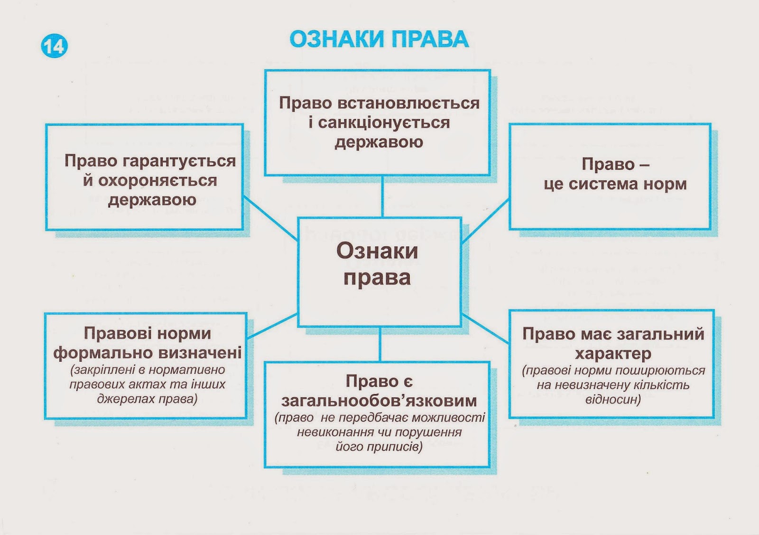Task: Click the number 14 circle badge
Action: coord(55,46)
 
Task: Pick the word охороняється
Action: coord(157,180)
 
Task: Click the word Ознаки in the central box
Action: coord(377,251)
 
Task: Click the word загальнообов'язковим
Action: coord(379,401)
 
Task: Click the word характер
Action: coord(613,354)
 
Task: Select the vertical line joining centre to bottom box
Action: coord(380,345)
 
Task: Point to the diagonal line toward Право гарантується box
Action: coord(270,219)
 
